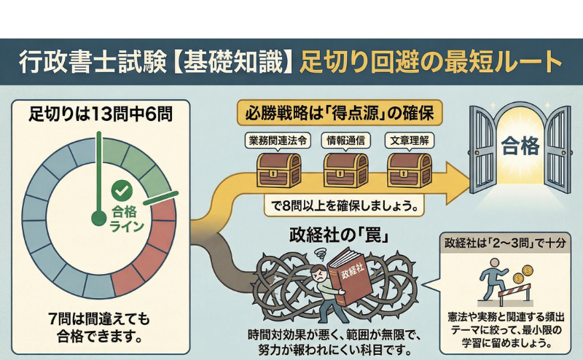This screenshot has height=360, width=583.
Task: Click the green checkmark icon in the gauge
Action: click(x=121, y=192)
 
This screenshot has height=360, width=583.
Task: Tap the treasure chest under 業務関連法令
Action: click(x=279, y=170)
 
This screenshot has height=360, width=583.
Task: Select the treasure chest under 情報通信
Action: click(x=345, y=170)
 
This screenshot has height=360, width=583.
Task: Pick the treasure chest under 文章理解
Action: click(x=409, y=170)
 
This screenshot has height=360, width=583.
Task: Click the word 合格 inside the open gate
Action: click(x=520, y=148)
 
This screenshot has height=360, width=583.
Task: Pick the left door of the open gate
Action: click(x=485, y=149)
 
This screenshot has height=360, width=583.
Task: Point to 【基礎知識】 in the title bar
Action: click(x=234, y=60)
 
